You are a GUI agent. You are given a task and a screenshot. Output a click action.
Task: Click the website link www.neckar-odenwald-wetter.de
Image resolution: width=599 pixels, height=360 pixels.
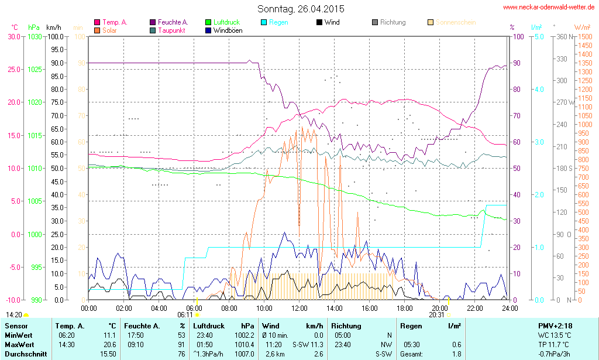pos(549,7)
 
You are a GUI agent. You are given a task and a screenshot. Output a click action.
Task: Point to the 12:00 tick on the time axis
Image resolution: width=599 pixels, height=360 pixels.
pos(299,308)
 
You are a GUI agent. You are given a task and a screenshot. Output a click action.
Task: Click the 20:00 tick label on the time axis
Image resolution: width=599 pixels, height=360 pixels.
pos(440,308)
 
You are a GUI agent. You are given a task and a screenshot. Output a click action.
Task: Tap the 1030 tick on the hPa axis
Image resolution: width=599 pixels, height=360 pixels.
pos(35,36)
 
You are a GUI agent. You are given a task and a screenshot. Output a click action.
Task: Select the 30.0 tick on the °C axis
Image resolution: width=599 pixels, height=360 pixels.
pos(13,36)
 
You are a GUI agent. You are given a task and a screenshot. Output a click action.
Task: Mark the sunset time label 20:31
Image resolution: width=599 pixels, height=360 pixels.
pos(436,314)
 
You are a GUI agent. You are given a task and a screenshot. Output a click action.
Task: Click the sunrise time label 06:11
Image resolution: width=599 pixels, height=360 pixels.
pos(185,314)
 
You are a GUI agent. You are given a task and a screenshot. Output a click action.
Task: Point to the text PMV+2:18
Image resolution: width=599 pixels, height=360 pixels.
pos(555,326)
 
